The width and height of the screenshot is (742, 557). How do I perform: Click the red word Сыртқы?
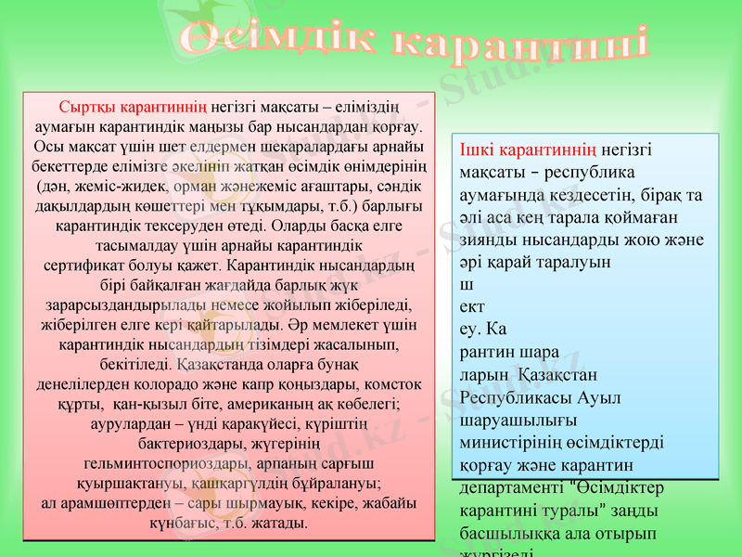(89, 106)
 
